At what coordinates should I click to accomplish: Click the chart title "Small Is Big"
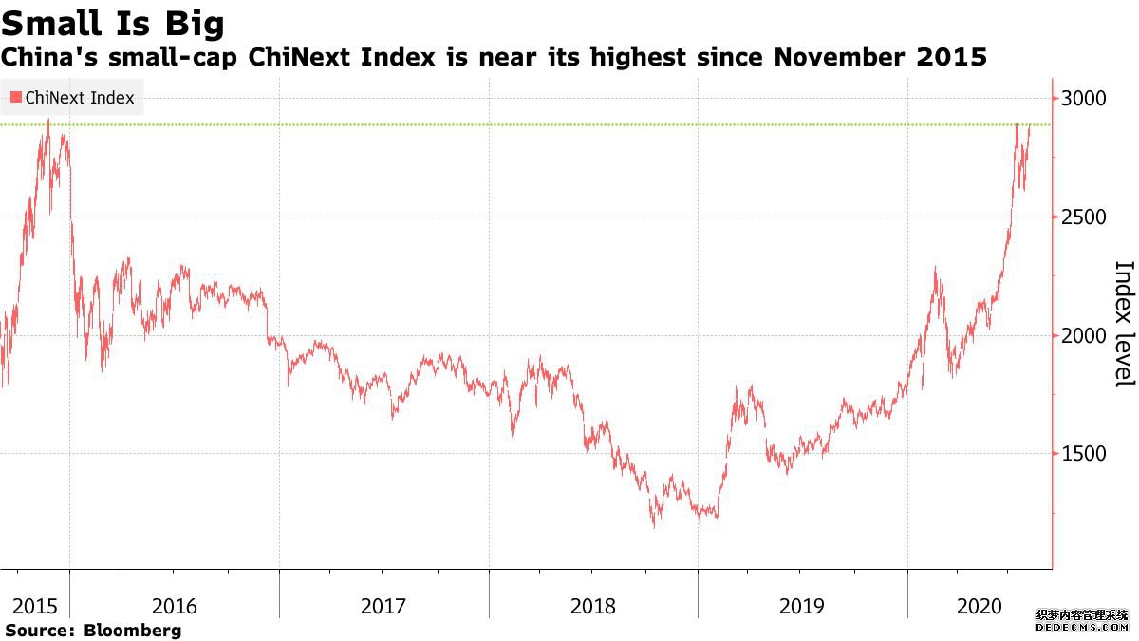(x=113, y=22)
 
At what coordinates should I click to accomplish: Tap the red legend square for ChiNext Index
(x=16, y=98)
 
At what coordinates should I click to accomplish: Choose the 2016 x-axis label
(x=175, y=606)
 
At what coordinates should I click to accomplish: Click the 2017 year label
(x=383, y=606)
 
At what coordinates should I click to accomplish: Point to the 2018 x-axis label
(x=593, y=606)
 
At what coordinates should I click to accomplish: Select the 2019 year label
(x=802, y=606)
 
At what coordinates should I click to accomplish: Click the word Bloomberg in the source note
(x=133, y=630)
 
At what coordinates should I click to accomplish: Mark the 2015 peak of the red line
(x=48, y=121)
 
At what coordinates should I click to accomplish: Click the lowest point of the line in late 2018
(x=654, y=527)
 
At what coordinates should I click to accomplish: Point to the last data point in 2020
(x=1031, y=125)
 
